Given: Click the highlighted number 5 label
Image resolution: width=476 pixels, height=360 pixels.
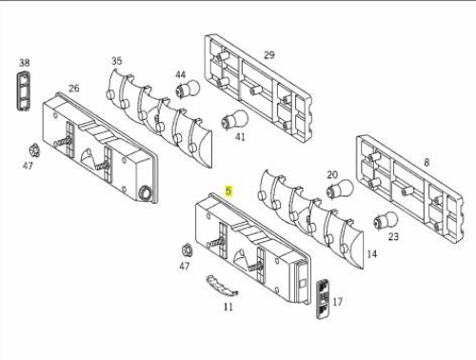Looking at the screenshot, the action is (x=228, y=191).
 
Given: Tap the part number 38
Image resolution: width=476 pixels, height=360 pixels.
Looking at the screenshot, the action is (x=25, y=63).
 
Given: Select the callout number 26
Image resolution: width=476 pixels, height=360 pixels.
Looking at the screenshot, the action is (x=74, y=88).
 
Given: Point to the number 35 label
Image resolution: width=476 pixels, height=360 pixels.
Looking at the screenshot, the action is (x=117, y=61).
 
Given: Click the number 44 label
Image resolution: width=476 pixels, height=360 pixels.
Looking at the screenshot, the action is (x=181, y=74).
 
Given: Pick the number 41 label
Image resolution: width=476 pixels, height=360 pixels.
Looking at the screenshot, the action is (x=240, y=137).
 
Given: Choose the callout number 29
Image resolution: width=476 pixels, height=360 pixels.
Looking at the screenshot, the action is (x=269, y=55).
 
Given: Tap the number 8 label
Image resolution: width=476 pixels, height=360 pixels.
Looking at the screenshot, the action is (x=426, y=162).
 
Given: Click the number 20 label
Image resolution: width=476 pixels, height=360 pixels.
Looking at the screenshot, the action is (x=332, y=174).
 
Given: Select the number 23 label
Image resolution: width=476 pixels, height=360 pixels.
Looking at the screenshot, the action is (x=393, y=236).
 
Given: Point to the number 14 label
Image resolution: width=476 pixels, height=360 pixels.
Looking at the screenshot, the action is (x=371, y=254).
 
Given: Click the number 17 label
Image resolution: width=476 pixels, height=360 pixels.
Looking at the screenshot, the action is (x=337, y=302).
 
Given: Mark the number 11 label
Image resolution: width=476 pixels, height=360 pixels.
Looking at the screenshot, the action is (x=228, y=307).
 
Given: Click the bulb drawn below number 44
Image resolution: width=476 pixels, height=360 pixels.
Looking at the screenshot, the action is (x=188, y=89).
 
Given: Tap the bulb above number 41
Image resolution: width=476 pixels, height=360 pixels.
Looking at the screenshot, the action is (x=235, y=119).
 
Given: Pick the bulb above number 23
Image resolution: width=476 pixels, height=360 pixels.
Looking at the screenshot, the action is (x=386, y=220).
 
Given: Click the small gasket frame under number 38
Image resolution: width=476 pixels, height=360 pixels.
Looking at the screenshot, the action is (x=24, y=91).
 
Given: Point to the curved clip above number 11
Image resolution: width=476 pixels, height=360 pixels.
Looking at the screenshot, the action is (x=222, y=284).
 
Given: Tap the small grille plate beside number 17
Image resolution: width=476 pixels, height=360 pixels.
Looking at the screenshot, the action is (x=323, y=298).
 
